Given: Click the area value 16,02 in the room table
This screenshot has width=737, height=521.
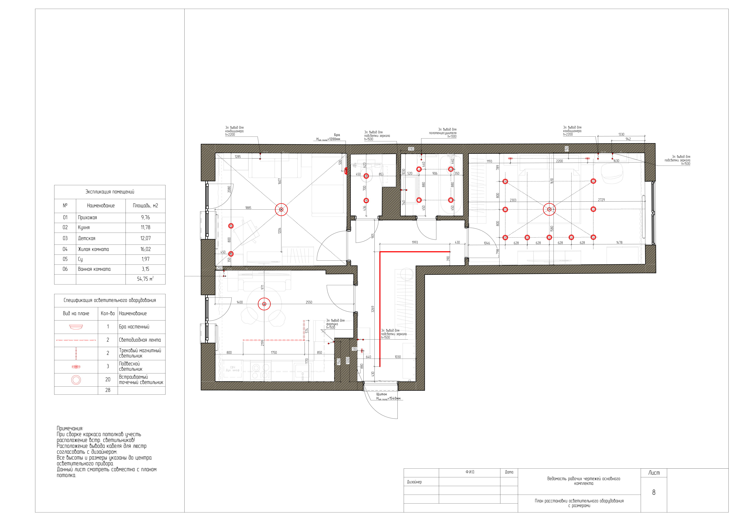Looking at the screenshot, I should (145, 249).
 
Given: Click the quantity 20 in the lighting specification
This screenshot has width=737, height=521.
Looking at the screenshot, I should (108, 379).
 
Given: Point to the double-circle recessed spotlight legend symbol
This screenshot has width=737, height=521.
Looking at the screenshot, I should (76, 380).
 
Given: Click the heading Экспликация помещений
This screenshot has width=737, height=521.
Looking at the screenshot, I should (110, 192).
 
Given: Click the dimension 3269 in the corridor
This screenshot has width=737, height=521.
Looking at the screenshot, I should (373, 309).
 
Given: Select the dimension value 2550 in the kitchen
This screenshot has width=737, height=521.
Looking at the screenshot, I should (309, 302).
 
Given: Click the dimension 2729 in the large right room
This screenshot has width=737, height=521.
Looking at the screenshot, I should (601, 200).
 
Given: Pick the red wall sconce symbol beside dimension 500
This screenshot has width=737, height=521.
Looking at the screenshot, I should (346, 171).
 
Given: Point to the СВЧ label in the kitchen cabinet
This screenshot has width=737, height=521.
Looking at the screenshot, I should (232, 367).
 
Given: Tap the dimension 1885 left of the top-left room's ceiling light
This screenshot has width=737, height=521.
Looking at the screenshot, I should (248, 208).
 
